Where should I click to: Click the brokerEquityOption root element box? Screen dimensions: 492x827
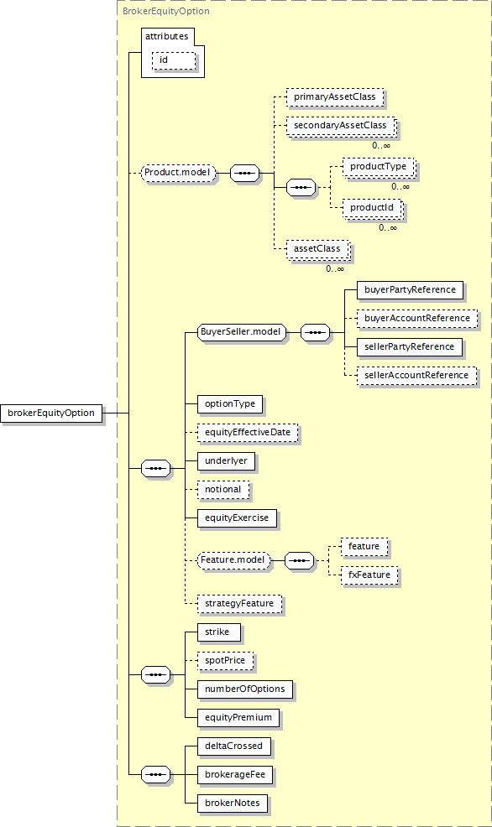51,413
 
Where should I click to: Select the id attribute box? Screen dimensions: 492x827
174,60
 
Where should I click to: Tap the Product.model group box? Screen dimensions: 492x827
179,173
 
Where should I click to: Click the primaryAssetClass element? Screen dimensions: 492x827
335,97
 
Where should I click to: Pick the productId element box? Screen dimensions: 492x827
372,208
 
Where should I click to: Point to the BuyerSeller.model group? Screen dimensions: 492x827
241,332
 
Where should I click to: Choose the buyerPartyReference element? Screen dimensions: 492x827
411,290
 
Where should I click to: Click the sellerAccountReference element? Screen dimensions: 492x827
416,376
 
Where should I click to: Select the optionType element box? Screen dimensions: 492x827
230,404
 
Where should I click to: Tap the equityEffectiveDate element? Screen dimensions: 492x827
248,433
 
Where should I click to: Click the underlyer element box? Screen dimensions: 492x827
226,461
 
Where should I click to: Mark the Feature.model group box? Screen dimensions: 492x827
233,560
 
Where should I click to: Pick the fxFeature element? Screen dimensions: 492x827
369,575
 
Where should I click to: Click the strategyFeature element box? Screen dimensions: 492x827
239,603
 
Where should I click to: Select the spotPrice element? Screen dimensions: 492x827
225,660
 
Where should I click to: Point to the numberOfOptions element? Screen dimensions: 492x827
245,689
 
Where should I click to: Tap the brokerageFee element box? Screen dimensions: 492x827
235,775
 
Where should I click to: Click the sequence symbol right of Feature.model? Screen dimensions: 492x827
300,560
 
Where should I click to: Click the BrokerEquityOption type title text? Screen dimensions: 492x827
165,11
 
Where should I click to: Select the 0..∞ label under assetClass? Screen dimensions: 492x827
335,269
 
